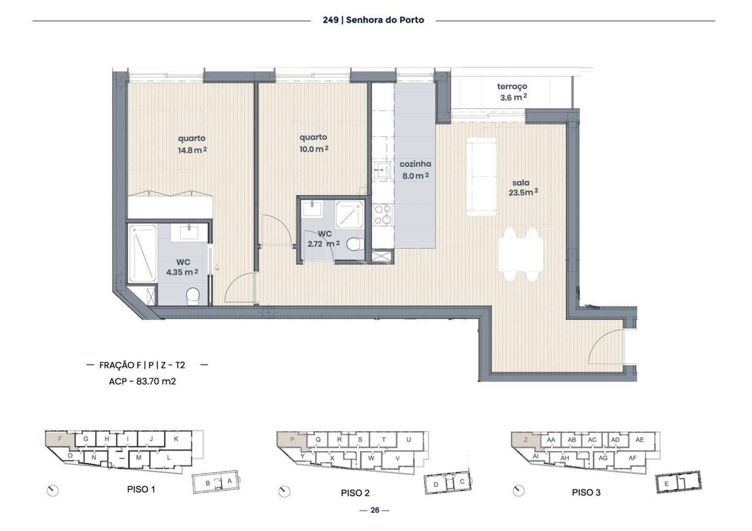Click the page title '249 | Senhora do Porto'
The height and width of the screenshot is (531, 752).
(373, 20)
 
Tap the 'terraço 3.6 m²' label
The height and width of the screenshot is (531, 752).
(513, 92)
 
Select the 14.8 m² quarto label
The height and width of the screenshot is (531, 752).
(192, 144)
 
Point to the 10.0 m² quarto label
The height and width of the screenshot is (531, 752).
(314, 143)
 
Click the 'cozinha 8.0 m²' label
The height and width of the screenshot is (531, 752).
(415, 169)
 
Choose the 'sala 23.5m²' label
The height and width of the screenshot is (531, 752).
(523, 187)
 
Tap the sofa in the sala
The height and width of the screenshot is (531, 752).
(481, 176)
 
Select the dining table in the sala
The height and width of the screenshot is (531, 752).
(521, 254)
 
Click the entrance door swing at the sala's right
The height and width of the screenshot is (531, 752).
(605, 347)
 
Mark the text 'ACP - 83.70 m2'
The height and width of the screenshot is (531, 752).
(143, 381)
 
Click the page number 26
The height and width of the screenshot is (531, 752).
(374, 510)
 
